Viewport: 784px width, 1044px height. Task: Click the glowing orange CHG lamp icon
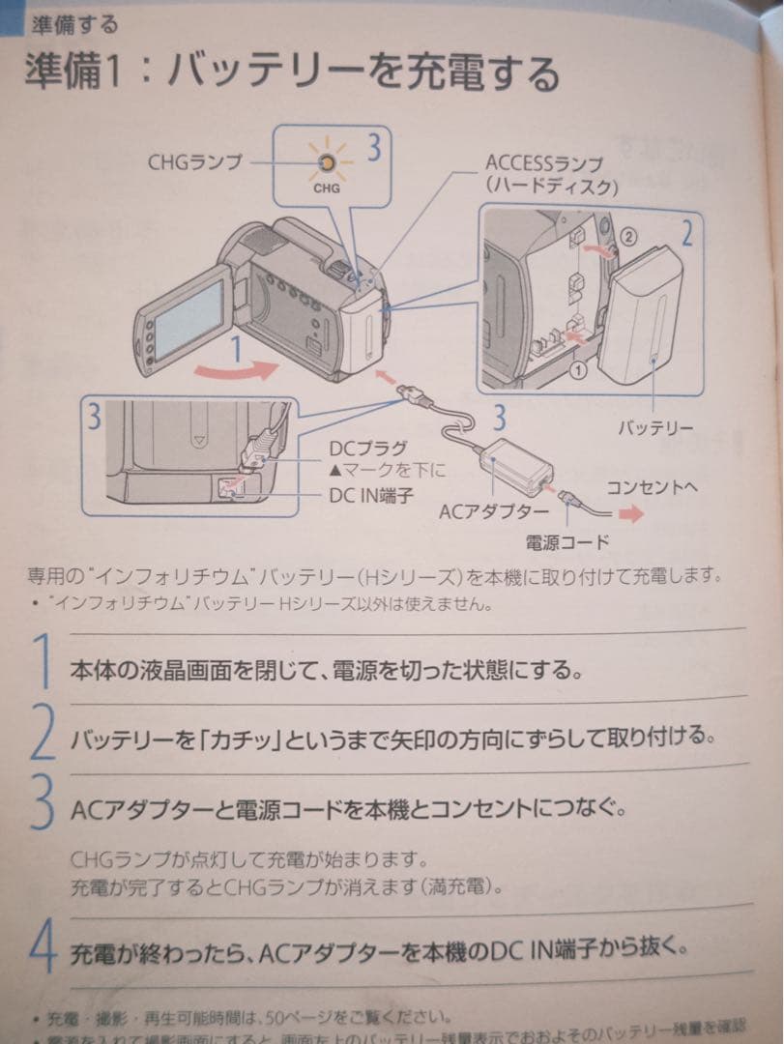tap(327, 163)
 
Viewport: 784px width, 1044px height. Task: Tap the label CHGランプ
tap(194, 161)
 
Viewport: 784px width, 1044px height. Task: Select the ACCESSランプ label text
tap(543, 163)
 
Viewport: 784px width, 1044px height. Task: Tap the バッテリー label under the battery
tap(655, 427)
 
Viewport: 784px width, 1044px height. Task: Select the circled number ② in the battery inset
tap(627, 234)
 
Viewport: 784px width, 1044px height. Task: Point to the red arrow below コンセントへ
tap(630, 515)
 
